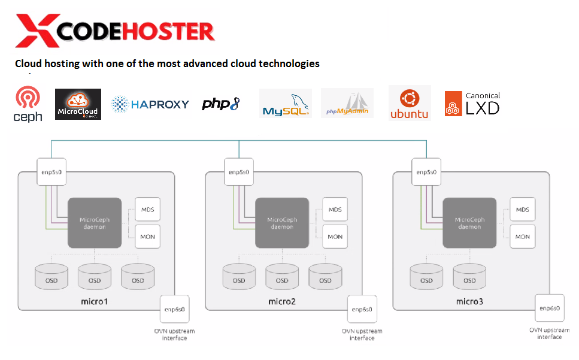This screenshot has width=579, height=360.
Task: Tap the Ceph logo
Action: tap(28, 104)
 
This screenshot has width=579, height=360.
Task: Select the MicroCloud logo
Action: tap(78, 104)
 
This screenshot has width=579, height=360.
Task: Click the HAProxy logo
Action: tap(150, 104)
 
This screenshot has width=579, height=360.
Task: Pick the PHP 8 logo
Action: tap(220, 104)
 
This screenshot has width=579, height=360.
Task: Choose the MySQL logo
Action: tap(286, 104)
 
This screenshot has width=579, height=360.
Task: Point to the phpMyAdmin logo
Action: tap(347, 104)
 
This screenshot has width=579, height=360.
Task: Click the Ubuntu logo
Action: tap(410, 103)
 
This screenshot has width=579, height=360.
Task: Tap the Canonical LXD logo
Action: tap(472, 104)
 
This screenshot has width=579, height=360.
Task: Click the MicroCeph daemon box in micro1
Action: tap(95, 223)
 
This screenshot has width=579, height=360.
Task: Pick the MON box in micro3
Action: tap(523, 236)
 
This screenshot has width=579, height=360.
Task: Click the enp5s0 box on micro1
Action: tap(51, 172)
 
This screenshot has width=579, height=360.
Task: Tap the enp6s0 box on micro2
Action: tap(362, 309)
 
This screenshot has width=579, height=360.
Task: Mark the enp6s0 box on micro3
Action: tap(549, 308)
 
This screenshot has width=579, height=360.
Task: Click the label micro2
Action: tap(282, 301)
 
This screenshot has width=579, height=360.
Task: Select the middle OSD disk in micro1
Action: tap(95, 277)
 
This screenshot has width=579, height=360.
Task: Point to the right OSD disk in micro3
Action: tap(469, 277)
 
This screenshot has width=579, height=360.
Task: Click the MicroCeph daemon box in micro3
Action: tap(469, 223)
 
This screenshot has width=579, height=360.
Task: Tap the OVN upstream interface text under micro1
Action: tap(174, 334)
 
